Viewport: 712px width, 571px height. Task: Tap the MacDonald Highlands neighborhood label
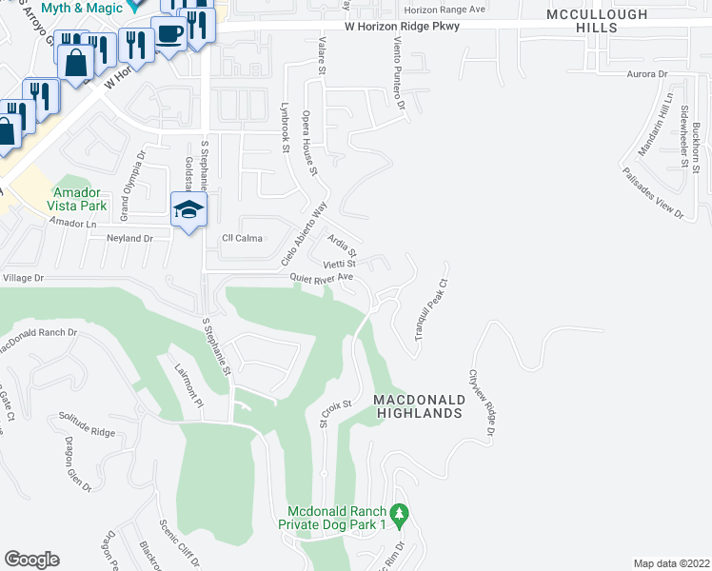tap(419, 405)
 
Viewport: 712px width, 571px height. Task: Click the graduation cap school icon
tap(188, 209)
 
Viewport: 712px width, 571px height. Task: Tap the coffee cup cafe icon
tap(169, 35)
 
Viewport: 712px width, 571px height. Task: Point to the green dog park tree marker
tap(401, 515)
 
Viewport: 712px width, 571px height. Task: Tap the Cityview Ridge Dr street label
tap(482, 404)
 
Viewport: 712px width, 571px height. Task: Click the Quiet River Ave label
tap(322, 277)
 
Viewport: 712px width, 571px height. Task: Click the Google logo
tap(31, 560)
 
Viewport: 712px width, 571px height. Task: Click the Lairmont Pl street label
tap(188, 387)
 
